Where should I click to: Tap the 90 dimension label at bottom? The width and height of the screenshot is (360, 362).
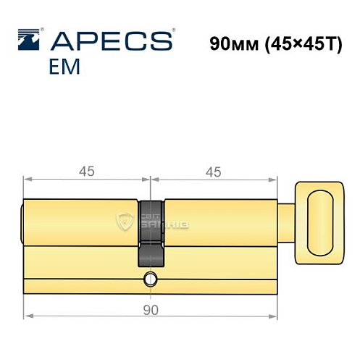(x=150, y=311)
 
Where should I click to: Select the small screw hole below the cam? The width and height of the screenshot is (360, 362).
(x=150, y=278)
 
